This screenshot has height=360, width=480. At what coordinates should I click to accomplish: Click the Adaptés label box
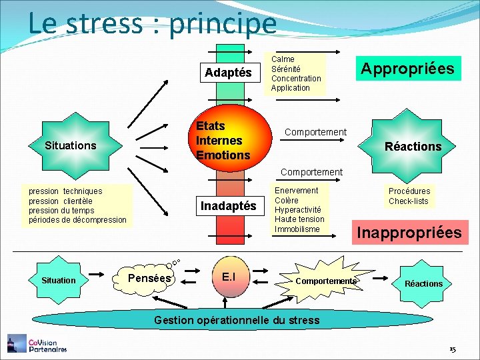point(228,73)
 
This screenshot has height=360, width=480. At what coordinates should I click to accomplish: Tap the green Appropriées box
point(407,68)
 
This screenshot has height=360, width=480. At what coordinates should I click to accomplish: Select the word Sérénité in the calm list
point(285,69)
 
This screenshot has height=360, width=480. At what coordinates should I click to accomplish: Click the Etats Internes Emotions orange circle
point(224,141)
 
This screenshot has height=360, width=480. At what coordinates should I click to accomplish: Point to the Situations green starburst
point(71,145)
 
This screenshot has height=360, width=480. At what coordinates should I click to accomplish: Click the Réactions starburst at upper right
point(413,146)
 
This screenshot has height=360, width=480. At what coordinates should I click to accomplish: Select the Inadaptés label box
point(228,206)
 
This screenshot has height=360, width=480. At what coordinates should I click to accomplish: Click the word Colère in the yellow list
point(286,200)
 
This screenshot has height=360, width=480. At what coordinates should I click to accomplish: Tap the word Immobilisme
point(297,229)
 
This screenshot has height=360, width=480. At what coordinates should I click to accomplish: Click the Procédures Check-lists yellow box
point(409,196)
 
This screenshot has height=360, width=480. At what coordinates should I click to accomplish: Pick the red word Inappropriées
point(409,233)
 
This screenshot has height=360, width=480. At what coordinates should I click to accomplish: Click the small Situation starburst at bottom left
point(59,281)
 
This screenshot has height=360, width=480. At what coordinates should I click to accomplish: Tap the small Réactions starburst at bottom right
point(423,283)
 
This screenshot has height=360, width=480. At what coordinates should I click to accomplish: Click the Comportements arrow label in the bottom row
point(325,281)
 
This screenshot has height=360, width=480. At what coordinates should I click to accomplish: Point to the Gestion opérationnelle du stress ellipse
point(237,320)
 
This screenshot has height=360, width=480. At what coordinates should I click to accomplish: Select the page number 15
point(452,349)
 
